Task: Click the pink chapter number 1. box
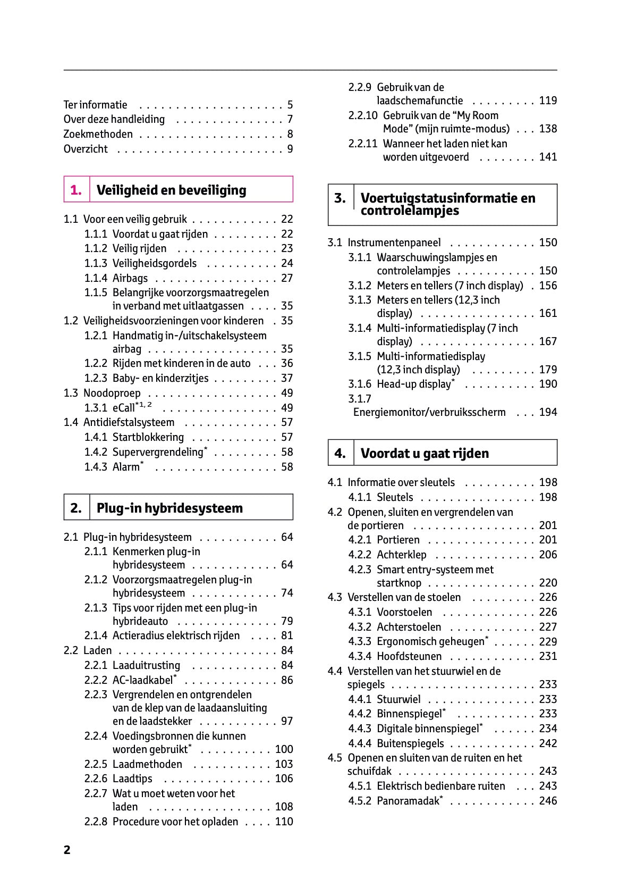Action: pyautogui.click(x=77, y=190)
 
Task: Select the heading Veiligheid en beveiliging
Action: pyautogui.click(x=171, y=190)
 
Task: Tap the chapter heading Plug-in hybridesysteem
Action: pyautogui.click(x=169, y=508)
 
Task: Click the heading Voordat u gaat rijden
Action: pyautogui.click(x=425, y=454)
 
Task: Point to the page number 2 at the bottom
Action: pyautogui.click(x=67, y=850)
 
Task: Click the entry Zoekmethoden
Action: pyautogui.click(x=98, y=134)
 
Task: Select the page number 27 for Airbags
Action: pyautogui.click(x=287, y=278)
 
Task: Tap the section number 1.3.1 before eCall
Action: pyautogui.click(x=96, y=408)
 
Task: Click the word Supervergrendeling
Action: pyautogui.click(x=158, y=452)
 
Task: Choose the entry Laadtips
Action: pyautogui.click(x=132, y=778)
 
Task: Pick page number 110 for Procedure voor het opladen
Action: pyautogui.click(x=284, y=822)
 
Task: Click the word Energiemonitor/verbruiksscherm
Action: pyautogui.click(x=429, y=412)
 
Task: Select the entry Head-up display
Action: pyautogui.click(x=414, y=384)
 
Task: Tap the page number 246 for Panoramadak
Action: pyautogui.click(x=548, y=801)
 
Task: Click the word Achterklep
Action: pyautogui.click(x=401, y=555)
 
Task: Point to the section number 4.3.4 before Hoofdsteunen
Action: pyautogui.click(x=360, y=656)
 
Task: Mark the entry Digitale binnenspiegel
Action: pyautogui.click(x=428, y=729)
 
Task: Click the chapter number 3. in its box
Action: pyautogui.click(x=340, y=198)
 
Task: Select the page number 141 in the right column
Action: pyautogui.click(x=548, y=157)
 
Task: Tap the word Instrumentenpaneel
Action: pyautogui.click(x=394, y=242)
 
